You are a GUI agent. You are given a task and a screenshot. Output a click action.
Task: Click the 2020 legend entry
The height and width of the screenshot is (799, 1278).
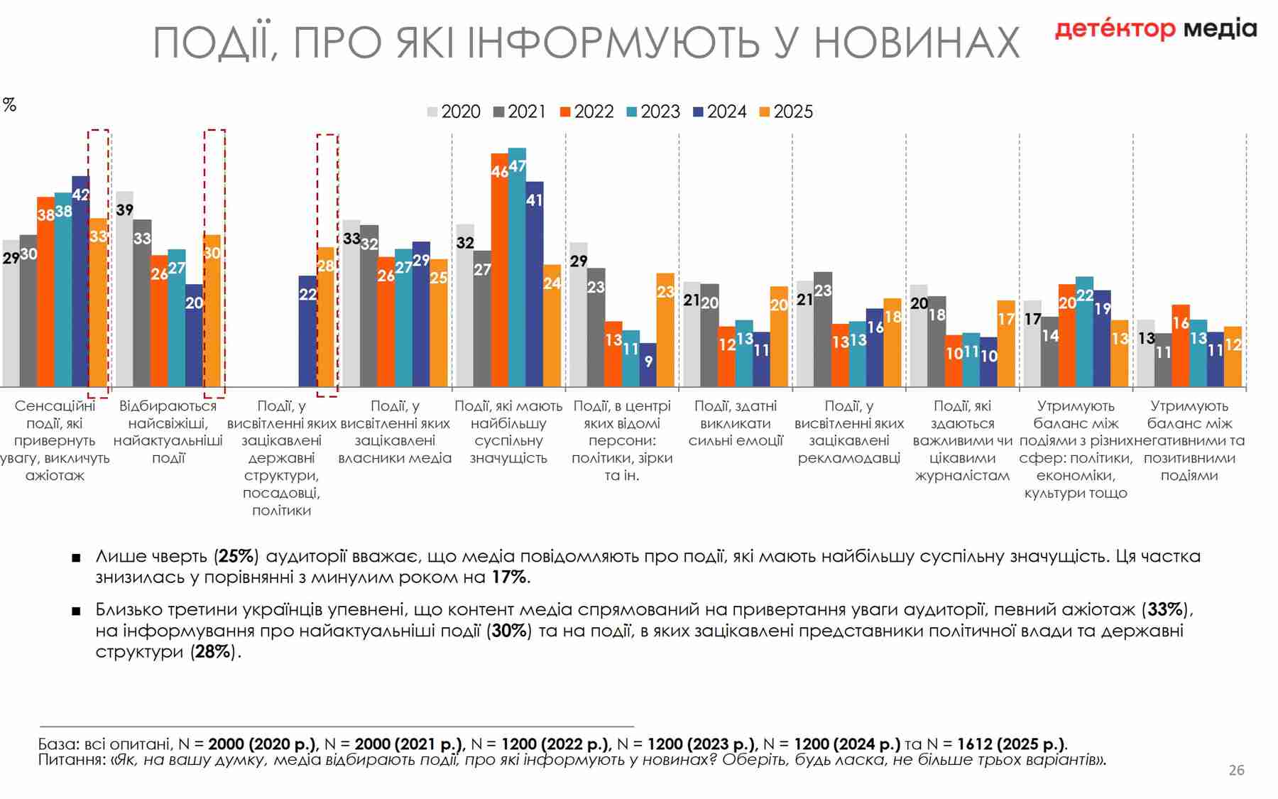point(454,112)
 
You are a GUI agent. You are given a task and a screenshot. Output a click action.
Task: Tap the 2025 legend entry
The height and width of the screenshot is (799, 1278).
point(786,112)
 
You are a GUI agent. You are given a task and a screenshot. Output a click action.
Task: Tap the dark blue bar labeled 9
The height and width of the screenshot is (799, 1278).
point(648,365)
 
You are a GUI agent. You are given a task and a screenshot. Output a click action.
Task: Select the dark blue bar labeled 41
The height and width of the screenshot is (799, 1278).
point(534,284)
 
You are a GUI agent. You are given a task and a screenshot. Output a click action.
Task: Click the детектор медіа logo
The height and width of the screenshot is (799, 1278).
point(1155,29)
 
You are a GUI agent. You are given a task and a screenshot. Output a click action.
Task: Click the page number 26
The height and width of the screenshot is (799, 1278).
point(1236,770)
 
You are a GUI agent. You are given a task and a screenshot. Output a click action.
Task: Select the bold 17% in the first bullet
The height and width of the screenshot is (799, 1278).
point(509,577)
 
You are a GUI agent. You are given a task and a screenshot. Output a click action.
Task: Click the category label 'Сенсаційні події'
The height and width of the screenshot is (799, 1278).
point(55,414)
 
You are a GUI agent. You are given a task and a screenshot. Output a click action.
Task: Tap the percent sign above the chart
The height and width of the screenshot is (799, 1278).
point(9,105)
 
